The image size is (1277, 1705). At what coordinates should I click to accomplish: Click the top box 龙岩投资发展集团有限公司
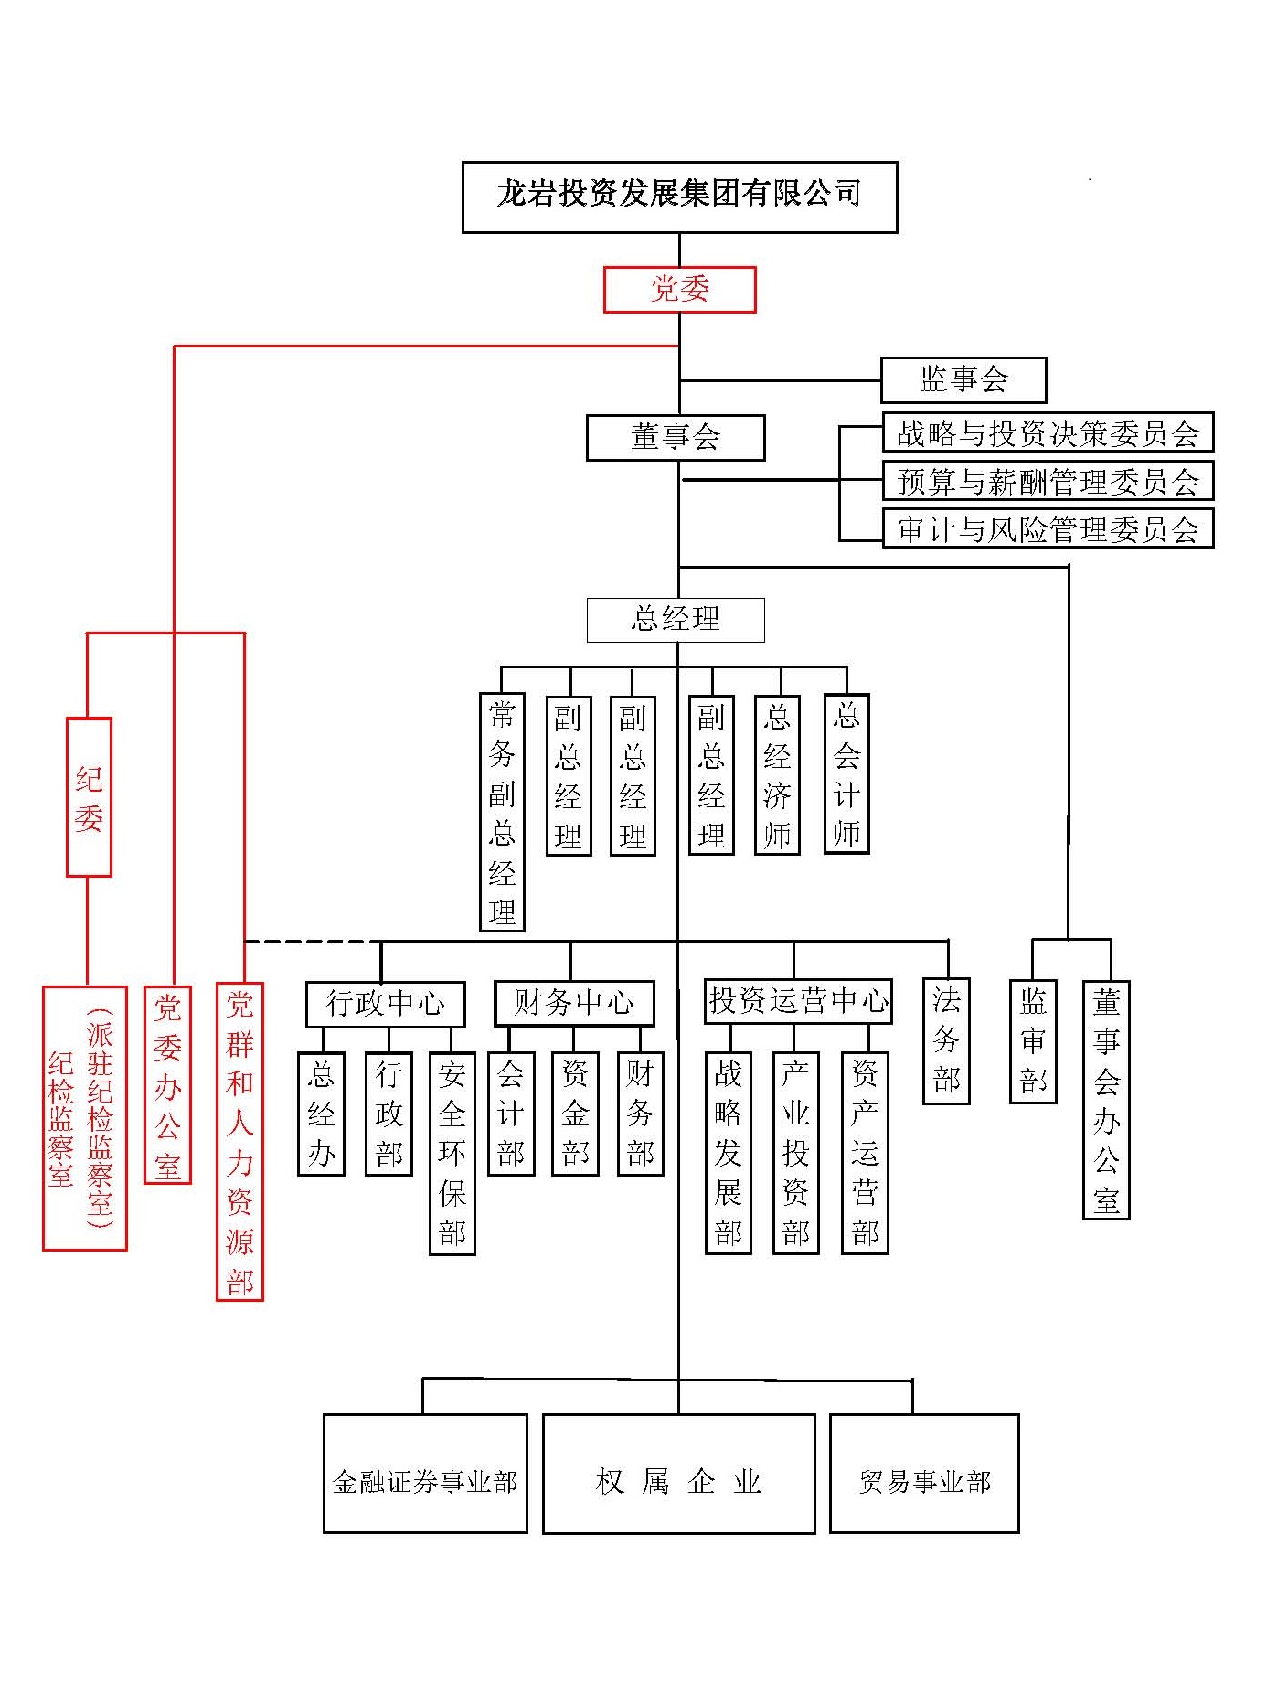pyautogui.click(x=679, y=197)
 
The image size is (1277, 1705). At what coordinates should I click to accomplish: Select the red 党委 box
pyautogui.click(x=679, y=289)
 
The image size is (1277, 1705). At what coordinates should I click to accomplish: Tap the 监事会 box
pyautogui.click(x=963, y=379)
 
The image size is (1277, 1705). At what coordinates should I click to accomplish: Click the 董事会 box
pyautogui.click(x=676, y=438)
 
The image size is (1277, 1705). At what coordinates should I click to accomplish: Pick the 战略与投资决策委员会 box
pyautogui.click(x=1048, y=432)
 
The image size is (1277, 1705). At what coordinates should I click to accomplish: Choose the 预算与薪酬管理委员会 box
pyautogui.click(x=1048, y=481)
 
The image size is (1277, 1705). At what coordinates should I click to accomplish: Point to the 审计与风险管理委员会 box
pyautogui.click(x=1048, y=528)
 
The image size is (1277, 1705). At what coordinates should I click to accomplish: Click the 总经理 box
pyautogui.click(x=676, y=620)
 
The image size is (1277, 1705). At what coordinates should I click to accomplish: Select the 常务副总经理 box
pyautogui.click(x=502, y=811)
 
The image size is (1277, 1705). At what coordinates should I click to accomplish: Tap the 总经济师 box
pyautogui.click(x=777, y=774)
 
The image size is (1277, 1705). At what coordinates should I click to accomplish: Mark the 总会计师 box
pyautogui.click(x=846, y=773)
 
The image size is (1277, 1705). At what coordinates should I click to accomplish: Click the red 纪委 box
pyautogui.click(x=89, y=797)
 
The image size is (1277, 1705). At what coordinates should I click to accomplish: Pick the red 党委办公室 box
pyautogui.click(x=167, y=1084)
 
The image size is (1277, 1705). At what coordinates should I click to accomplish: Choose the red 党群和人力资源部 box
pyautogui.click(x=239, y=1141)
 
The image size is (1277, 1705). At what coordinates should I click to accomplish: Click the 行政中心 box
pyautogui.click(x=385, y=1004)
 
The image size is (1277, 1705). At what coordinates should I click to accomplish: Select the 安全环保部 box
pyautogui.click(x=452, y=1153)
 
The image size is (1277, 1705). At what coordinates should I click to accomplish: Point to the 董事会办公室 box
pyautogui.click(x=1106, y=1099)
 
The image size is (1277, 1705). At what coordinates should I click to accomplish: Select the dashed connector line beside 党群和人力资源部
pyautogui.click(x=311, y=941)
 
